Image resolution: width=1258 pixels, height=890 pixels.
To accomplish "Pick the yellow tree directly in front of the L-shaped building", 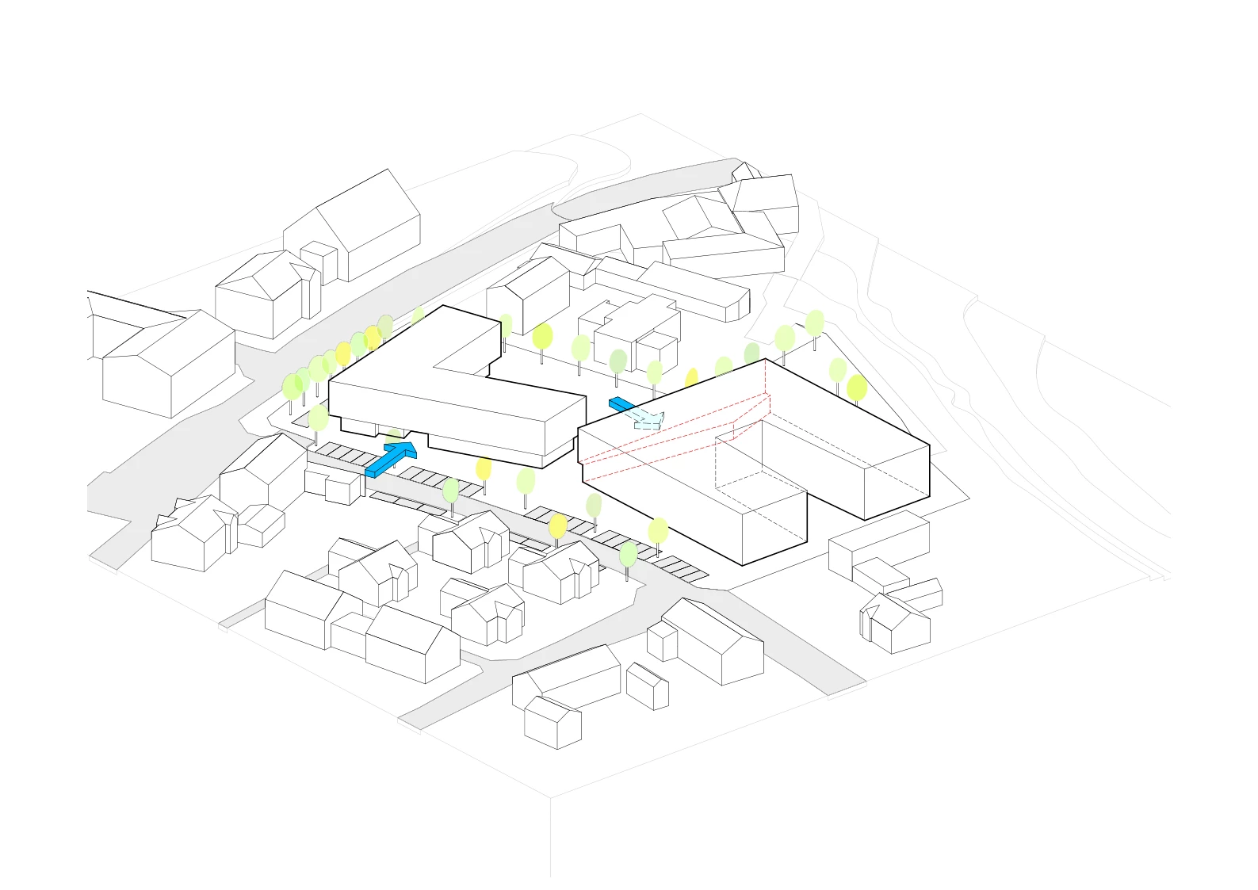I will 484,469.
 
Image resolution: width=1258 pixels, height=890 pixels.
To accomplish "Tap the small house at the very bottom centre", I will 553,721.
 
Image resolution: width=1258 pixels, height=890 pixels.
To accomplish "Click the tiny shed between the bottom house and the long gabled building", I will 648,686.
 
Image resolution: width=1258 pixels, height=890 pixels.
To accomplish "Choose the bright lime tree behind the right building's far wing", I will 856,388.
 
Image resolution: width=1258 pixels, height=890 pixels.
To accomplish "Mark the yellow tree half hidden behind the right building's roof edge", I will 691,378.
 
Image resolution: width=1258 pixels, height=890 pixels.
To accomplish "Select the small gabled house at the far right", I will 896,622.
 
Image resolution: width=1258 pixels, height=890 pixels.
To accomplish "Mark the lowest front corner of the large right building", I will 743,565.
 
